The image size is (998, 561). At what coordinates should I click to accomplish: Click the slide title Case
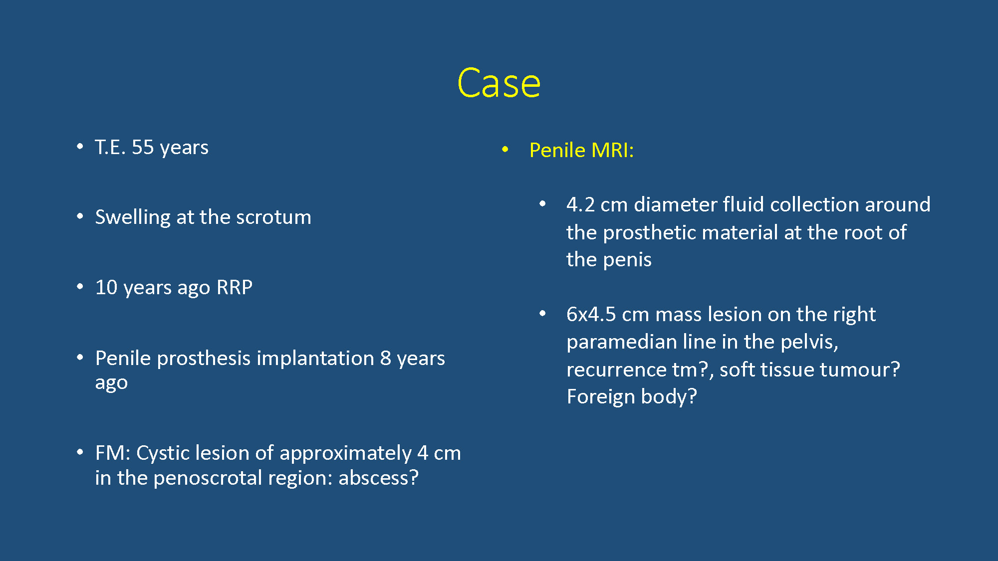(499, 83)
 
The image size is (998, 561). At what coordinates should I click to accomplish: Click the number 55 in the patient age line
(143, 147)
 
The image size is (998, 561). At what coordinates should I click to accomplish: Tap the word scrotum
(273, 217)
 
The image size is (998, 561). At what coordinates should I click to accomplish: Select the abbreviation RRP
(235, 287)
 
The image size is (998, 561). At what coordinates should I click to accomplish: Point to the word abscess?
(379, 478)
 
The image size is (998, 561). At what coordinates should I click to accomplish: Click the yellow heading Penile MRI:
(581, 150)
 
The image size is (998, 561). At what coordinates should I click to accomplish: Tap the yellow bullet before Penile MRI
(505, 149)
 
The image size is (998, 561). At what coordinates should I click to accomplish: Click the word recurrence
(616, 370)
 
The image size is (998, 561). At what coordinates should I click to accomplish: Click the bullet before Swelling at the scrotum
(80, 216)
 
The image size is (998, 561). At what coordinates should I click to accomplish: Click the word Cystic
(162, 453)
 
